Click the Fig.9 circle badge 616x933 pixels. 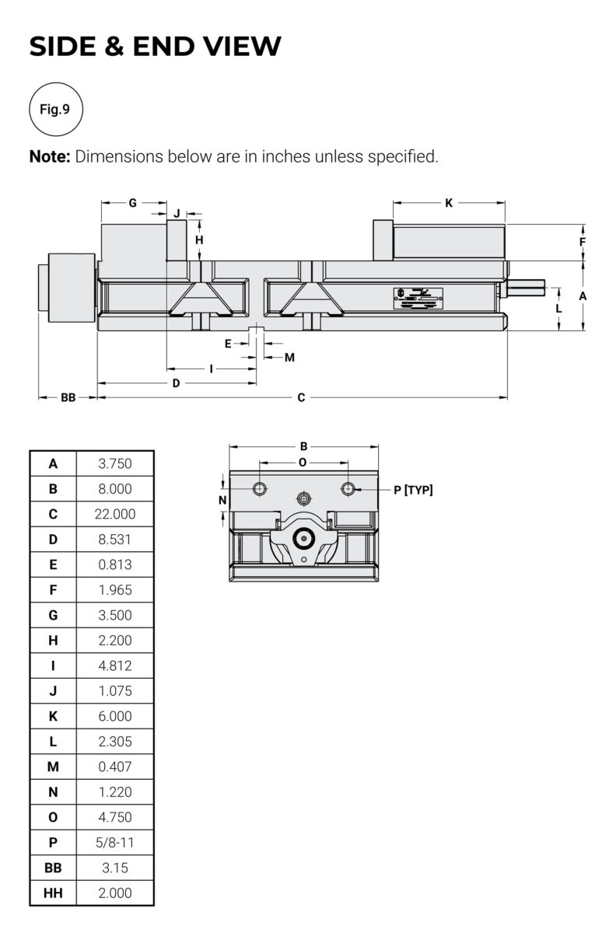point(55,109)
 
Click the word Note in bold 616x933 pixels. point(50,156)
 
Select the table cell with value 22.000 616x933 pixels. point(115,514)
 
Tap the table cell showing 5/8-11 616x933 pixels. point(115,842)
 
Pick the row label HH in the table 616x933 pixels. point(53,893)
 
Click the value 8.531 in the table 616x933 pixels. point(115,539)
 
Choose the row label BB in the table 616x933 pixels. point(53,868)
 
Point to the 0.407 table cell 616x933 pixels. point(115,767)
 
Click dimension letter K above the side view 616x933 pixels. point(449,203)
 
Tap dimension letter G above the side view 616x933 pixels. point(133,203)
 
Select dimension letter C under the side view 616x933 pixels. point(302,398)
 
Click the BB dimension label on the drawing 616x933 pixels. point(68,398)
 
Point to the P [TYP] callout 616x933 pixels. point(413,490)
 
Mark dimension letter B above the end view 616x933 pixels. point(304,446)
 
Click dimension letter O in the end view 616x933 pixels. point(303,463)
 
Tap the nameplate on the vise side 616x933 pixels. point(418,299)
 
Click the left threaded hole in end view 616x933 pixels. point(260,488)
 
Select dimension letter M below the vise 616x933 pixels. point(289,358)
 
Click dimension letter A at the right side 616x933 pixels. point(583,296)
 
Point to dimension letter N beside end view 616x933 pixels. point(222,500)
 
